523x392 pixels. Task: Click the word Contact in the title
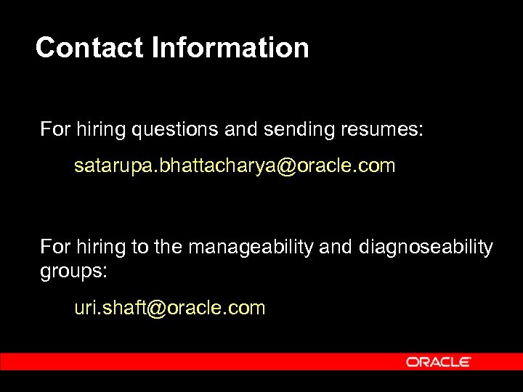91,48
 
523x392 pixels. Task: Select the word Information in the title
231,48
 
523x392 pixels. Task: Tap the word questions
174,130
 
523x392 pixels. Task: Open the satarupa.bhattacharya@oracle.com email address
235,166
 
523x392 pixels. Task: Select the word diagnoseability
426,248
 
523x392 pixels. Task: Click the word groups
73,272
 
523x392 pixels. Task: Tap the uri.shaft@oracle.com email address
170,308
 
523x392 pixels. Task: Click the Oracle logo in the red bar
439,362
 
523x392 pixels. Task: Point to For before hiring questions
53,130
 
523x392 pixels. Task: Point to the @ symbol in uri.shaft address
156,308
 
